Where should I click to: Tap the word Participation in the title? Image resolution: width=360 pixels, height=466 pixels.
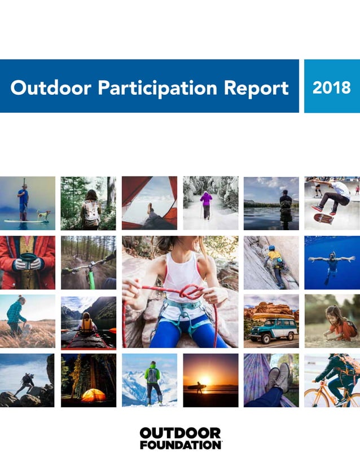click(x=156, y=89)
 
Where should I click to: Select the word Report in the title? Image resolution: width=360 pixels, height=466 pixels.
click(x=257, y=89)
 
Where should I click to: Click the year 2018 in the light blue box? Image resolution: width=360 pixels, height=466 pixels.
click(x=331, y=87)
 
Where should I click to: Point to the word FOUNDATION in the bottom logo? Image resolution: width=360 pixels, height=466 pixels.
click(x=180, y=445)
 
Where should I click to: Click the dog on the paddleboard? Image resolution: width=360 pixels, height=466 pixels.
click(x=43, y=214)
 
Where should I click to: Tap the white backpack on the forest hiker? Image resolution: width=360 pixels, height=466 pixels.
click(x=90, y=212)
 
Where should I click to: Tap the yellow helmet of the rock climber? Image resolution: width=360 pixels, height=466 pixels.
click(x=271, y=249)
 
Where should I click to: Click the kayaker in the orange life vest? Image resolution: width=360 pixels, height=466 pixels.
click(x=86, y=323)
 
